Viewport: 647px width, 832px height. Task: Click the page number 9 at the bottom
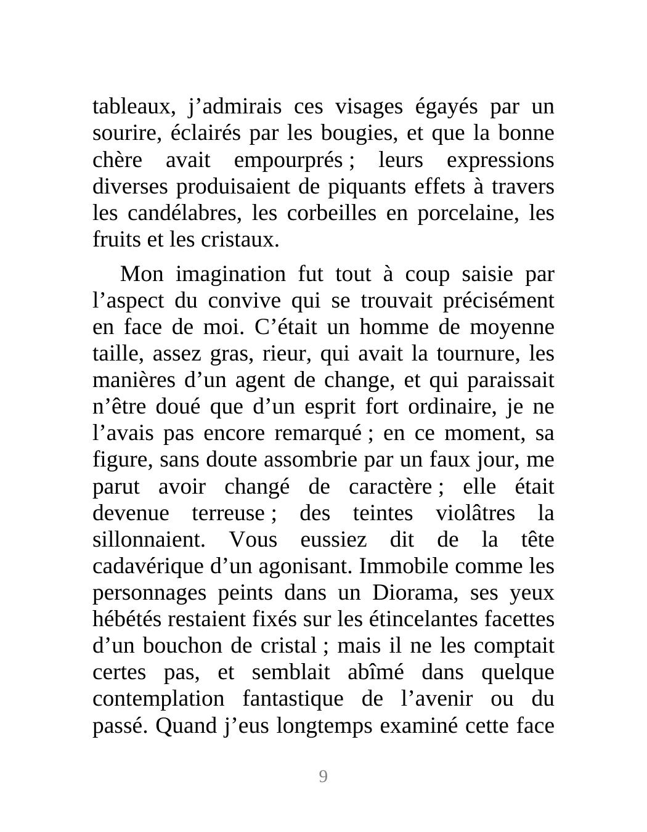[x=323, y=777]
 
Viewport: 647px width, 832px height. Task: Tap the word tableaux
[x=131, y=107]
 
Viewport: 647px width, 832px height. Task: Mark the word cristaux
[x=240, y=240]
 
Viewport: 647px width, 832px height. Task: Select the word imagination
[x=230, y=274]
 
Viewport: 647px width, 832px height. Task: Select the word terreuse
[x=227, y=513]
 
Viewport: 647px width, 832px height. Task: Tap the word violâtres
[x=475, y=513]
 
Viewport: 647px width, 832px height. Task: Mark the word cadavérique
[x=148, y=566]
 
